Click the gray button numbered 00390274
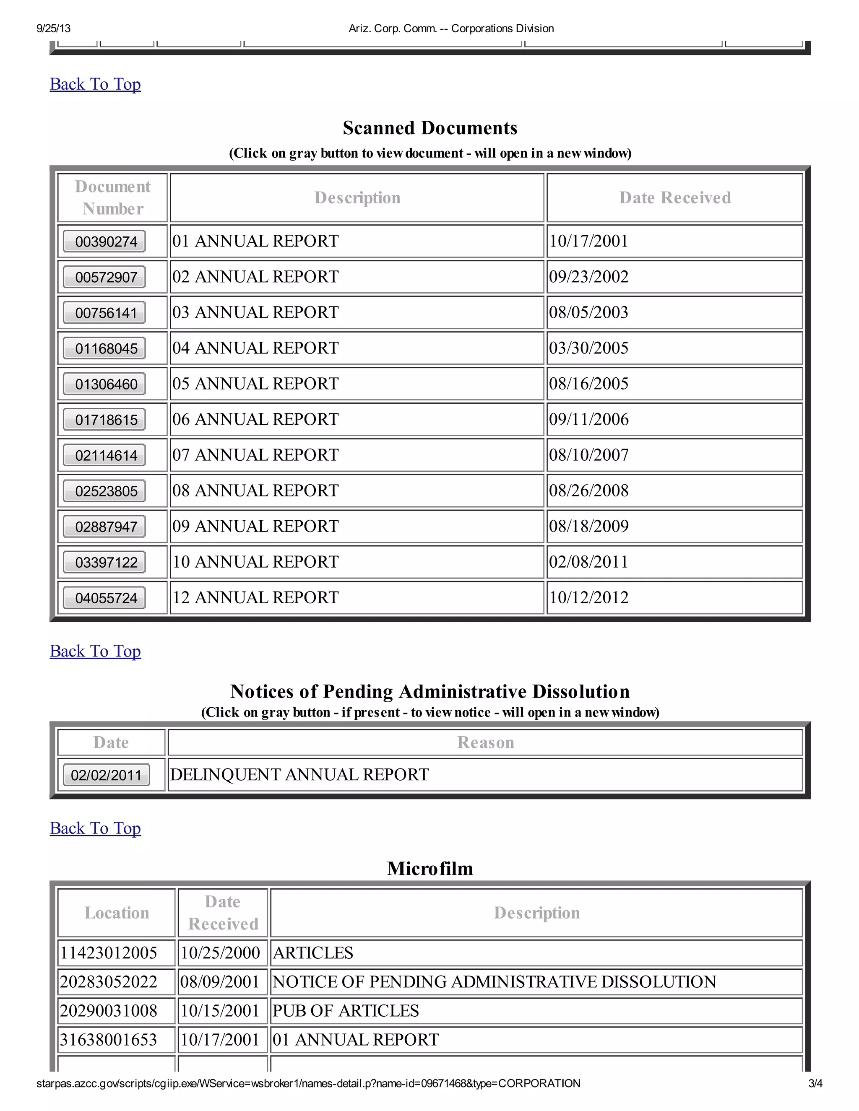pyautogui.click(x=104, y=241)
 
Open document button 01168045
pyautogui.click(x=104, y=348)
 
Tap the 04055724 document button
pyautogui.click(x=104, y=598)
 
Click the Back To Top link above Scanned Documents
pyautogui.click(x=95, y=84)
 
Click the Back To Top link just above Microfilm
pyautogui.click(x=95, y=828)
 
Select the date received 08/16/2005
pyautogui.click(x=588, y=384)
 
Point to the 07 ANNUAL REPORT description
pyautogui.click(x=255, y=455)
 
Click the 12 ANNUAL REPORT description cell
pyautogui.click(x=255, y=597)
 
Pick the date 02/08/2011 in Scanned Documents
pyautogui.click(x=588, y=562)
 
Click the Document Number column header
pyautogui.click(x=112, y=197)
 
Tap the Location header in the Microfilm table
pyautogui.click(x=117, y=913)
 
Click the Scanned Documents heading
pyautogui.click(x=429, y=128)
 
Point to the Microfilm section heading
pyautogui.click(x=429, y=868)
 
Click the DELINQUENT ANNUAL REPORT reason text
pyautogui.click(x=299, y=775)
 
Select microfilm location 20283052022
pyautogui.click(x=108, y=982)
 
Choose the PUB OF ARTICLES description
pyautogui.click(x=346, y=1011)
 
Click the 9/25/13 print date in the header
pyautogui.click(x=53, y=29)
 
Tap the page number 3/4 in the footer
pyautogui.click(x=815, y=1083)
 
